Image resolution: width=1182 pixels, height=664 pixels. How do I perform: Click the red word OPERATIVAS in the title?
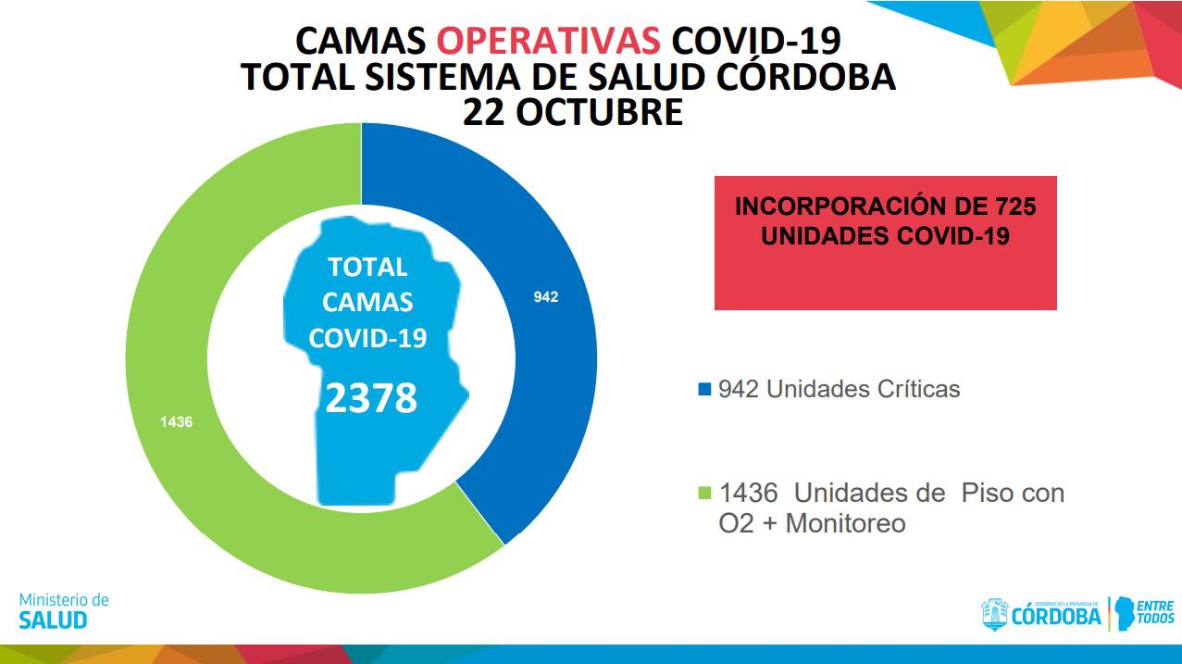(x=548, y=42)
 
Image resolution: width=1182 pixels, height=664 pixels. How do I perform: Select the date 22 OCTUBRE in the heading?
(x=573, y=112)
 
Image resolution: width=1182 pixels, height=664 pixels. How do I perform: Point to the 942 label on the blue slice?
(x=546, y=297)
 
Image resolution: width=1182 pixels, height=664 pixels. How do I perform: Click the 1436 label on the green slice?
(x=176, y=422)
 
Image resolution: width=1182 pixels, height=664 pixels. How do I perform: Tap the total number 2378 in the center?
(x=371, y=399)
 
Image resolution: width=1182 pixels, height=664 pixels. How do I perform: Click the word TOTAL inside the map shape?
(x=367, y=268)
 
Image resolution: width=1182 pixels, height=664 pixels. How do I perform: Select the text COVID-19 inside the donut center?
(x=367, y=338)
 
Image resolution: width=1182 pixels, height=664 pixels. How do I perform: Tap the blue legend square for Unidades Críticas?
(x=704, y=389)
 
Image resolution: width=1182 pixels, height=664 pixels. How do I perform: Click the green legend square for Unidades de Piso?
(x=704, y=493)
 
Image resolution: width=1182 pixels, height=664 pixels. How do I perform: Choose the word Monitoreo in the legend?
(x=845, y=523)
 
